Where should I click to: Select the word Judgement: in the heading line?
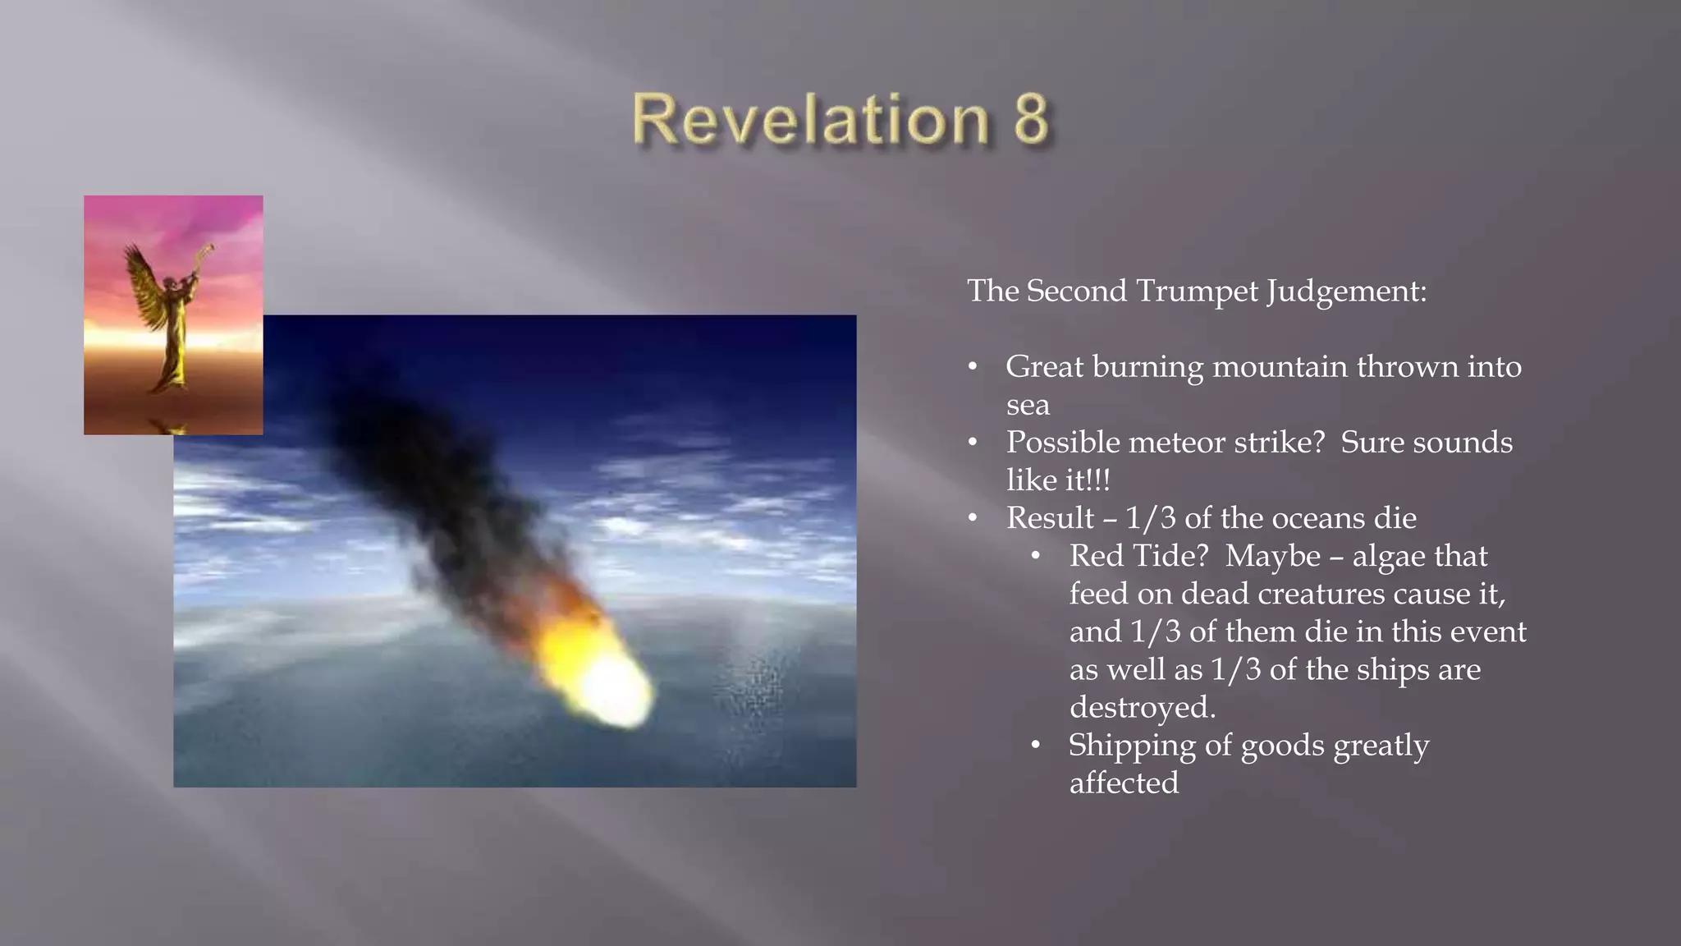pos(1346,291)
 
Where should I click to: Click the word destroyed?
pos(1141,707)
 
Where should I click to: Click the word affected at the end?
pos(1124,783)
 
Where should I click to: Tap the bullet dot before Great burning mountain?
pos(973,367)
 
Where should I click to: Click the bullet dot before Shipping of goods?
pos(1036,746)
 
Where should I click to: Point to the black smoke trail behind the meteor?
pos(410,460)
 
